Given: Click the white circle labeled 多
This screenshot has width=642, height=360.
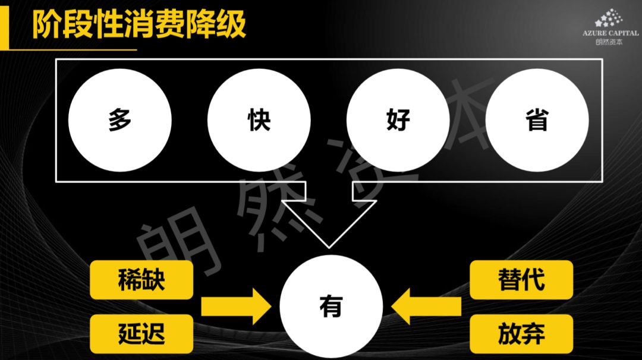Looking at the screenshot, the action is pos(119,121).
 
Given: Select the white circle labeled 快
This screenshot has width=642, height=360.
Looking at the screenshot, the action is pos(259,121).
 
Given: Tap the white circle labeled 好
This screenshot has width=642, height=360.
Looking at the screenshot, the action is pos(398,121).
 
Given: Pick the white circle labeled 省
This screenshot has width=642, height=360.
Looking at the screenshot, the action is pos(537,121).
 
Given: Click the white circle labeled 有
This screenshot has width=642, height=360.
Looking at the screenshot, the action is pos(331,307).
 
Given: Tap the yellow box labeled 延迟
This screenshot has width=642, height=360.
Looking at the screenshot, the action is pos(141,334).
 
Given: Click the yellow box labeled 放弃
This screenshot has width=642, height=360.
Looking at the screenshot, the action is pos(521,334).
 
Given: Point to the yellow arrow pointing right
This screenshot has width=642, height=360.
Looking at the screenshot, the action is pos(235,307).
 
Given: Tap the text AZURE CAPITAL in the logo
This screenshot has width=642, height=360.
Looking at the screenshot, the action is pos(610,34).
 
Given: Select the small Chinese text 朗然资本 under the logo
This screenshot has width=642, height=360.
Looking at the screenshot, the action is pos(610,42).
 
